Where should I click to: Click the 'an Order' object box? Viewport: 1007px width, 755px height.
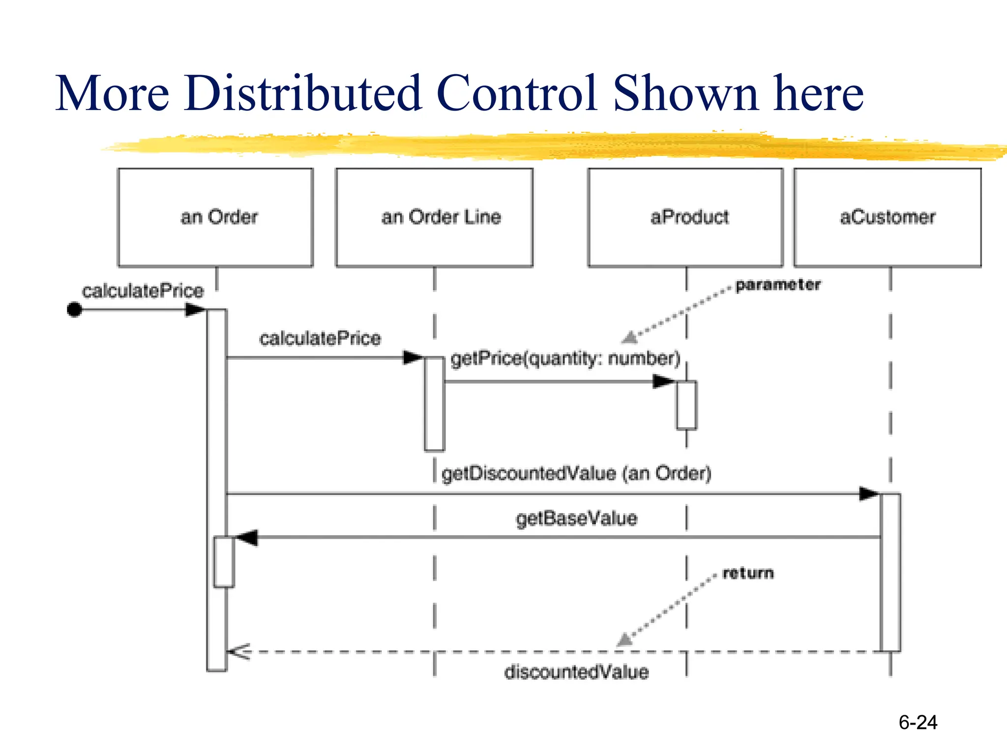[215, 217]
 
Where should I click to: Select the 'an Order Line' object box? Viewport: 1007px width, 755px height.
[434, 217]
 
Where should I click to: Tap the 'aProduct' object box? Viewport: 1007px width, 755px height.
[685, 217]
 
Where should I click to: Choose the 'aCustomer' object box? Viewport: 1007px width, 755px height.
[888, 217]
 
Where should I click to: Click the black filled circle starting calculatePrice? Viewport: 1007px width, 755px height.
[74, 310]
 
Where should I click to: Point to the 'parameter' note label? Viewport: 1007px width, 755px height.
[778, 285]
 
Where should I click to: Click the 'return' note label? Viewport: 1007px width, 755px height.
[748, 573]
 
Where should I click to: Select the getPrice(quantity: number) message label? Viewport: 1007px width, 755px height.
[565, 358]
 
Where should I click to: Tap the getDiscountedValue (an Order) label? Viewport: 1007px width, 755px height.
[576, 473]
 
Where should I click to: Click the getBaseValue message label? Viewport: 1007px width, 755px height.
[576, 519]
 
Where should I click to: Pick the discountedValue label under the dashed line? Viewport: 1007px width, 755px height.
[576, 672]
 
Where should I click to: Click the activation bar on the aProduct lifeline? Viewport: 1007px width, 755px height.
[686, 405]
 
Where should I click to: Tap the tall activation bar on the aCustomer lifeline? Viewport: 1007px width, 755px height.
[890, 573]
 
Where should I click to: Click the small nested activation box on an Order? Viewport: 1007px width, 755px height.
[224, 562]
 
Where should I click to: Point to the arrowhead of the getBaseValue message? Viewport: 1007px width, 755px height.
[246, 537]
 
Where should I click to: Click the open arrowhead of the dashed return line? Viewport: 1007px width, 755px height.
[239, 652]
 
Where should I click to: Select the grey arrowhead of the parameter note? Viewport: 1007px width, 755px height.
[630, 338]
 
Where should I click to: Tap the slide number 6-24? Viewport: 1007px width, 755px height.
[918, 723]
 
